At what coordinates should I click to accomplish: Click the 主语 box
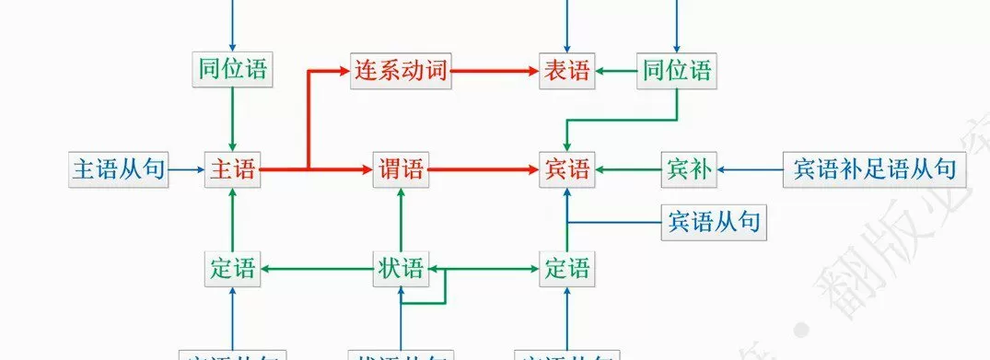(232, 170)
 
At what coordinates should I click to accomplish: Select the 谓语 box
(401, 170)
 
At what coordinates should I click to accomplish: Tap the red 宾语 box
(566, 170)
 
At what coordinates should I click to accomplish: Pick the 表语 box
(566, 71)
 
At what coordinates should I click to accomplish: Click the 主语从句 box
(120, 170)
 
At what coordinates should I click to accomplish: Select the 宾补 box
(687, 170)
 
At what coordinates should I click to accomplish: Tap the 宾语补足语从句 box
(874, 170)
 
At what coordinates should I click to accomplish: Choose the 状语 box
(401, 269)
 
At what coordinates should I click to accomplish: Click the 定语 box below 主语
(232, 269)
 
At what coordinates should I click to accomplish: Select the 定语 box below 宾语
(566, 269)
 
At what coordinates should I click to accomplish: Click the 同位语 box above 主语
(232, 71)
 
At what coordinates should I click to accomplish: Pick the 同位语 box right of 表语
(677, 71)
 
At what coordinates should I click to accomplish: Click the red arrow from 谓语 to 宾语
(483, 170)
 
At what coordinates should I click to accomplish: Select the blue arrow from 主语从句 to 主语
(188, 170)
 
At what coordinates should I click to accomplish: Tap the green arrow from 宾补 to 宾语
(628, 170)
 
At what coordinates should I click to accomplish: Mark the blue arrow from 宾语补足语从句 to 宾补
(750, 170)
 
